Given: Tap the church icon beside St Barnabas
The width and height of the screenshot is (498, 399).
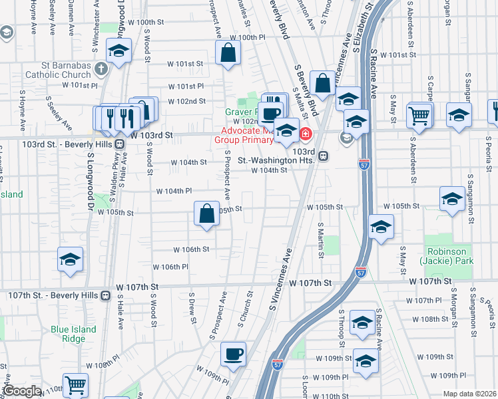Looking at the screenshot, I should tap(101, 68).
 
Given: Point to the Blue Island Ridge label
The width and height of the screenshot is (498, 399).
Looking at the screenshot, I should tap(73, 334).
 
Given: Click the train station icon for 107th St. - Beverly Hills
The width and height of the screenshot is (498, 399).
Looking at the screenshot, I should tap(105, 295).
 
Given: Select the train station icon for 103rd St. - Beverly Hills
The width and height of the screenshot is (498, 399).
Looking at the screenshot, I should tap(120, 144).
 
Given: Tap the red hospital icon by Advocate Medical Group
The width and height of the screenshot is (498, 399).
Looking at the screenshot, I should tap(306, 134).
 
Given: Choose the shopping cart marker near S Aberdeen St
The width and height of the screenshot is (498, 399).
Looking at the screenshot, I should tap(419, 116).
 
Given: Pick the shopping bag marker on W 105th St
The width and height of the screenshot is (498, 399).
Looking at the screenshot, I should tap(206, 214).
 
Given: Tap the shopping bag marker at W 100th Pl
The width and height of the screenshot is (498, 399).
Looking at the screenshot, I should tap(228, 55).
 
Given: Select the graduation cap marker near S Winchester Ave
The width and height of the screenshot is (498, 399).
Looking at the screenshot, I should tap(119, 53).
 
